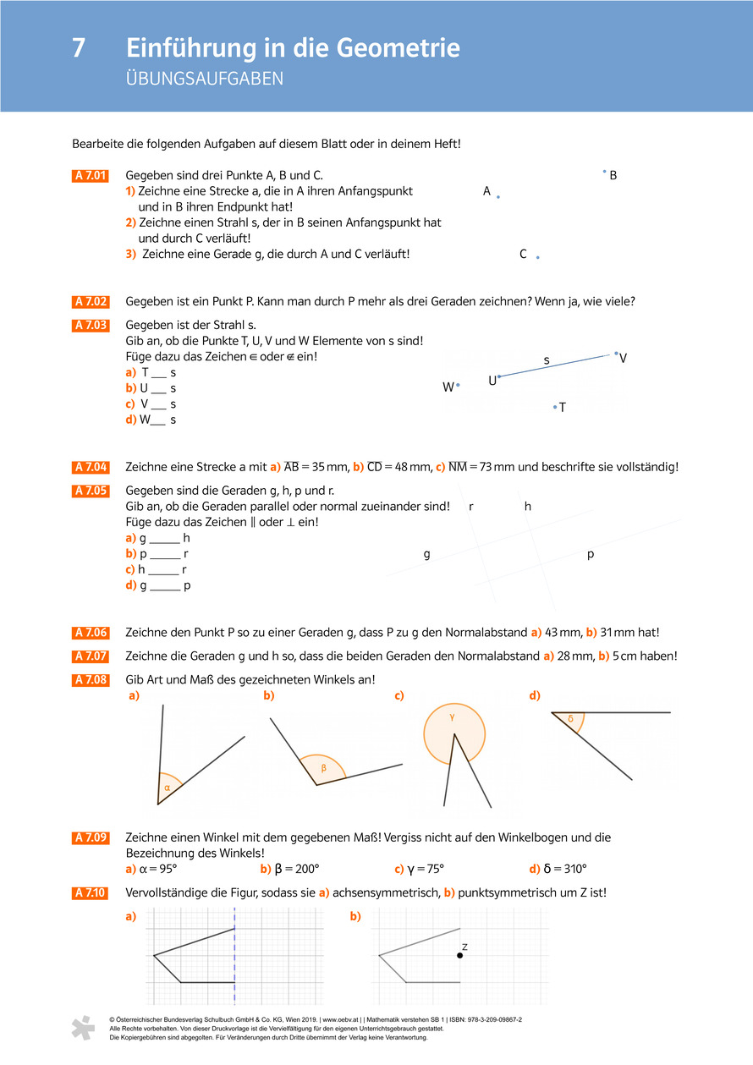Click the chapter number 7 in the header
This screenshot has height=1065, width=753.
click(79, 48)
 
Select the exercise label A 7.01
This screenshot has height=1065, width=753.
click(91, 176)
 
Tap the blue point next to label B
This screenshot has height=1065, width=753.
click(604, 172)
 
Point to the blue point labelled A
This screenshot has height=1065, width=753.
click(498, 197)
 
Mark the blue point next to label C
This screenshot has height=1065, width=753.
click(537, 257)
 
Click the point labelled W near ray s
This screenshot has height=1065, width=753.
click(458, 385)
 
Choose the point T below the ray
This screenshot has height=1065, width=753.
click(555, 407)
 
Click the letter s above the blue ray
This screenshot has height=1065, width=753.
click(547, 360)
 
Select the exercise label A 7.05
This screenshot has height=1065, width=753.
click(91, 491)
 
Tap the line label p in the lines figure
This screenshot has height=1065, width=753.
click(591, 554)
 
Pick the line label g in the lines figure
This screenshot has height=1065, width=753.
click(427, 555)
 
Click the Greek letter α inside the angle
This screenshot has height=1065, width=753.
click(167, 788)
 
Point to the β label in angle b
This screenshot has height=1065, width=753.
click(323, 768)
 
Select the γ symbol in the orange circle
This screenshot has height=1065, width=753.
click(453, 716)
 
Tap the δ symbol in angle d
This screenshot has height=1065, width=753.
click(570, 719)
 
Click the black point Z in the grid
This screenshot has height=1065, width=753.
click(459, 955)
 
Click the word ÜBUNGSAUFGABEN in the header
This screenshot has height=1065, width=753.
click(204, 80)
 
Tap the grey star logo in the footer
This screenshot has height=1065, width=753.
click(83, 1027)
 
